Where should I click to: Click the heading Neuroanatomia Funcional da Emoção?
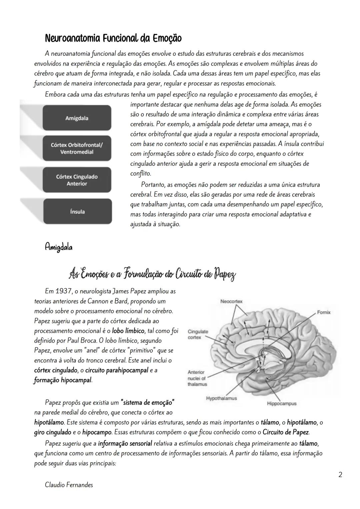point(113,39)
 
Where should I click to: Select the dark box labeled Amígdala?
point(77,118)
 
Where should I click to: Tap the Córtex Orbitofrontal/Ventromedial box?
point(77,148)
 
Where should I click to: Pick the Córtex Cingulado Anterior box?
point(77,180)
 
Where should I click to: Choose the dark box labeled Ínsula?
point(77,211)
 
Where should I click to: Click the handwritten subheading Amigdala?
point(59,247)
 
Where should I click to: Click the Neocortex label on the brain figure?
point(231,301)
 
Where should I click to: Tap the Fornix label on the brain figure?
point(324,312)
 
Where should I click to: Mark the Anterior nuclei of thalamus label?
point(197,378)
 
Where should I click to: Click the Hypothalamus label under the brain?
point(221,398)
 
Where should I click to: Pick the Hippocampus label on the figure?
point(282,403)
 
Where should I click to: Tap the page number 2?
point(340,474)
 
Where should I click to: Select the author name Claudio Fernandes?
point(69,485)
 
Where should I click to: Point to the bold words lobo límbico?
point(128,331)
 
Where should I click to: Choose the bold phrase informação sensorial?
point(125,444)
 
